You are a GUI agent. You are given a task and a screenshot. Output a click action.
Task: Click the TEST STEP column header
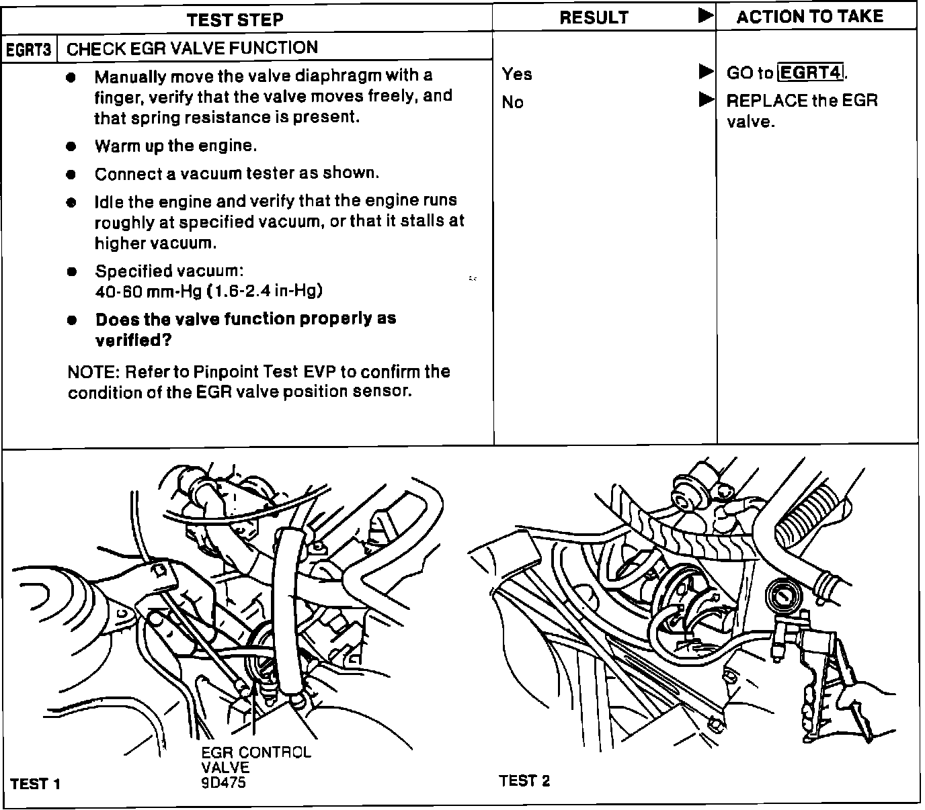point(235,19)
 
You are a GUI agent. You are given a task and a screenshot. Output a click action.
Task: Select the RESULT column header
point(594,18)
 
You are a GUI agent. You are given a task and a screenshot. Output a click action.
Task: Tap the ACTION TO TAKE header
point(809,17)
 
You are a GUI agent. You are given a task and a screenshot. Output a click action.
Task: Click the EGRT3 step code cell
point(29,50)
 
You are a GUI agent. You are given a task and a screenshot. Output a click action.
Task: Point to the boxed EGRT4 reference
point(810,72)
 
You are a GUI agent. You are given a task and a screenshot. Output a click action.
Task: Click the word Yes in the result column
point(516,74)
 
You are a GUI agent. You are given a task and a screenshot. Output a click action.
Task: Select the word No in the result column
point(512,102)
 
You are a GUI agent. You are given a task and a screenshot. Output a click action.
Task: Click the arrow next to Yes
point(705,71)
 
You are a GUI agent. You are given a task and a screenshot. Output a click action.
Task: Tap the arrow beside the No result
point(705,100)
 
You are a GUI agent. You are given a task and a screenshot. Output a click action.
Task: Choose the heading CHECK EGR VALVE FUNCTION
point(192,48)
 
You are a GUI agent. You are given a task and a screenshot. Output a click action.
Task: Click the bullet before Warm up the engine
point(71,146)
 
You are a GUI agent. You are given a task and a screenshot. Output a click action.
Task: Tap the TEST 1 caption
point(35,784)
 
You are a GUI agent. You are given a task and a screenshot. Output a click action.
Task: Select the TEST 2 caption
point(524,780)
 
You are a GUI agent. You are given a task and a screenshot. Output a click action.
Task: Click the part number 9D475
point(223,782)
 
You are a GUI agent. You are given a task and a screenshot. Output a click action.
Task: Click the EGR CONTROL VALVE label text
point(255,759)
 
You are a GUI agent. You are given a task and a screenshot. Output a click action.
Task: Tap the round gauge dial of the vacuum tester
point(782,595)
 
